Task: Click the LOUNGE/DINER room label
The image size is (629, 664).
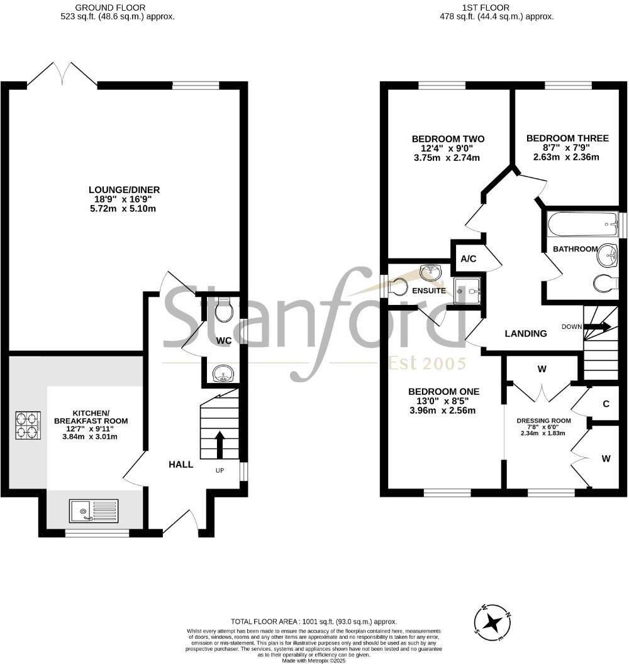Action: tap(124, 189)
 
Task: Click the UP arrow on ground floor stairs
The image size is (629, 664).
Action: tap(220, 444)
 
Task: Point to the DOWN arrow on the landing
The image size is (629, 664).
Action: tap(597, 327)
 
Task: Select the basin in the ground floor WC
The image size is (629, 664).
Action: tap(223, 375)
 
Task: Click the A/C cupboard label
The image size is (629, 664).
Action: tap(468, 259)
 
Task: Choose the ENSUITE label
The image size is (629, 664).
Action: tap(430, 290)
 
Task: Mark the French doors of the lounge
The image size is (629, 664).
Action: tap(62, 74)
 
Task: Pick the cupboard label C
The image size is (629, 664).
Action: tap(606, 404)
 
